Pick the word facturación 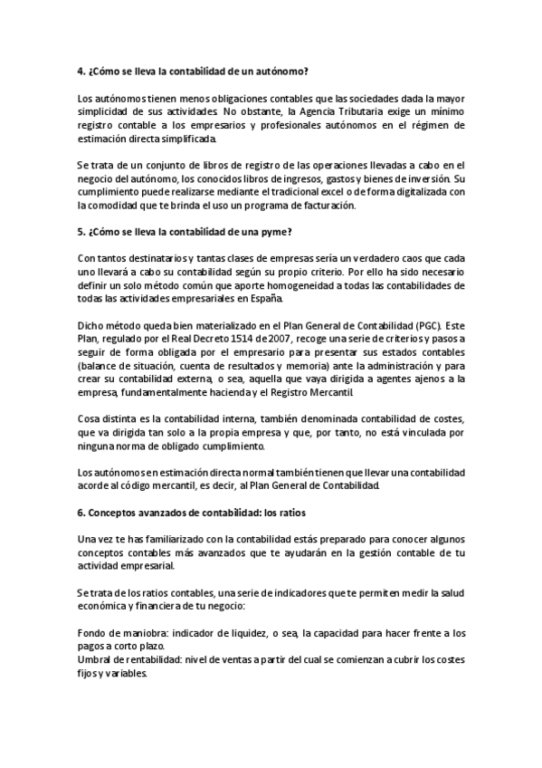[321, 206]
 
